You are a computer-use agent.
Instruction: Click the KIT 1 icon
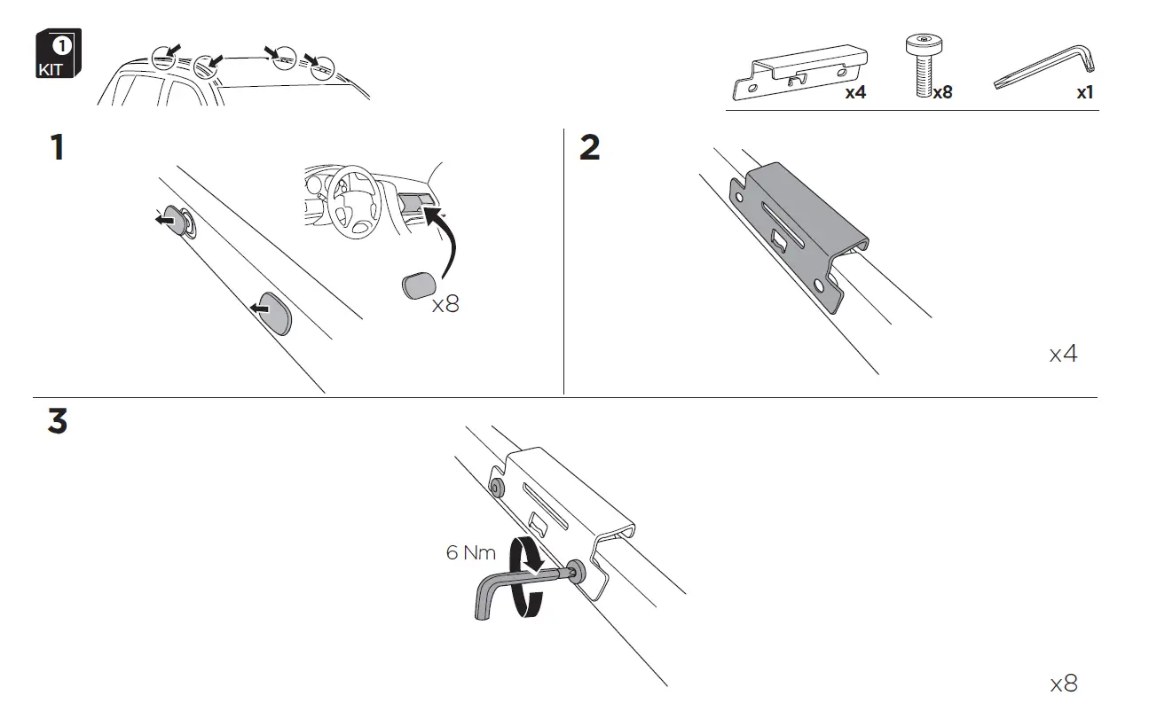tap(58, 55)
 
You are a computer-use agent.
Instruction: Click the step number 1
tap(57, 148)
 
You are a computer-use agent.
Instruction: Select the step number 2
tap(589, 148)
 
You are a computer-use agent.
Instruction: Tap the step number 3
tap(57, 422)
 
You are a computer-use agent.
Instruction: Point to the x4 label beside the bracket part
tap(854, 92)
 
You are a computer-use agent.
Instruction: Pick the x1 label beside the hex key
tap(1084, 92)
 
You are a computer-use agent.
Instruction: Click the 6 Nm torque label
tap(471, 553)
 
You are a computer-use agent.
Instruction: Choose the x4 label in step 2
tap(1063, 355)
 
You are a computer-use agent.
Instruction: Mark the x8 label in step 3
tap(1063, 684)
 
